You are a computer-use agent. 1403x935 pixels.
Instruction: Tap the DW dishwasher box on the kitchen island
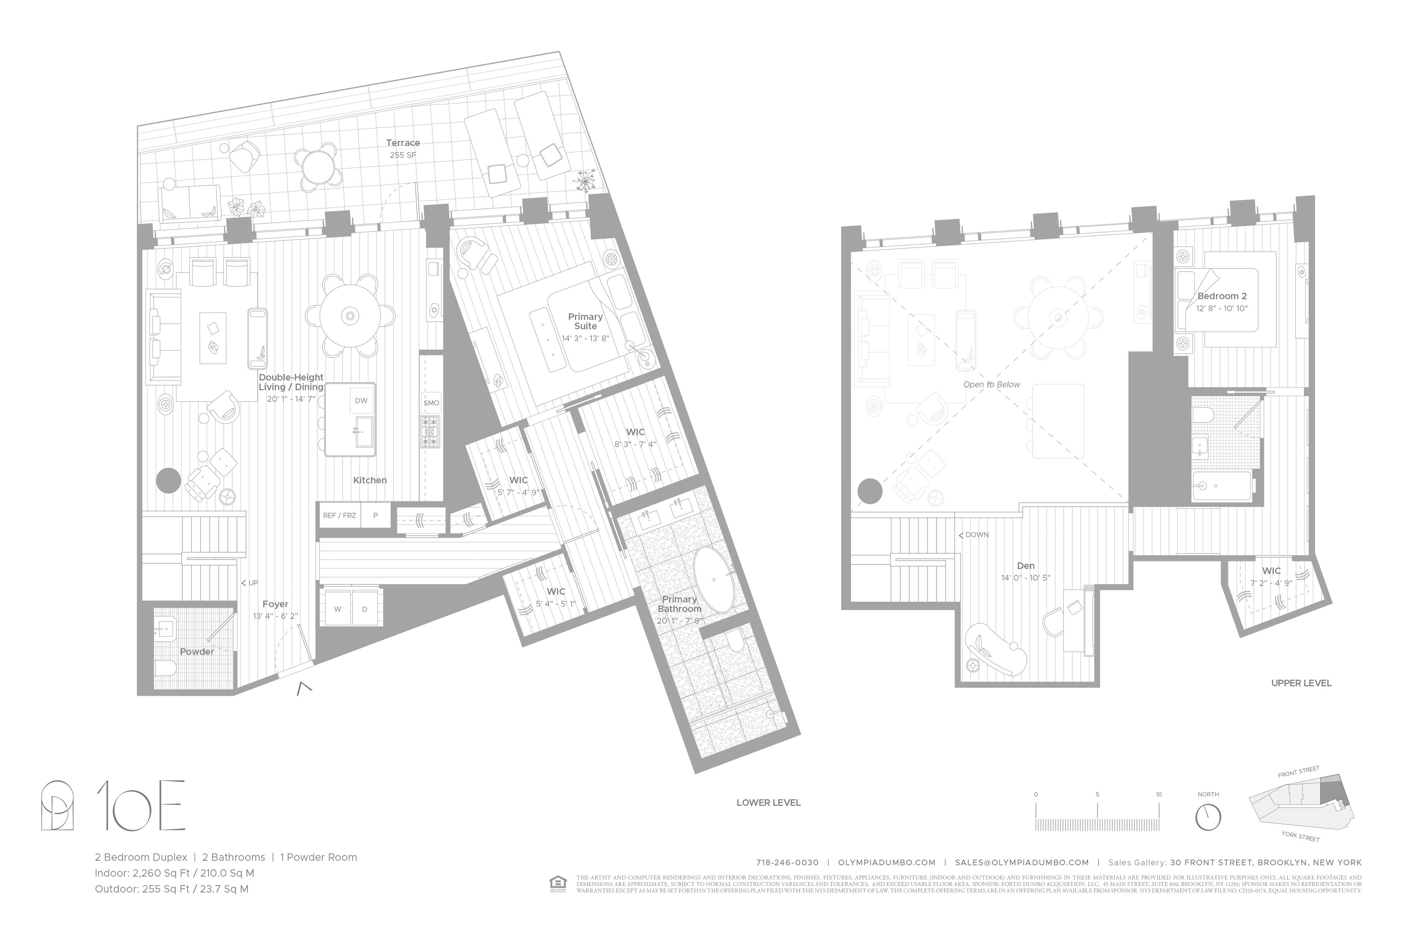(361, 401)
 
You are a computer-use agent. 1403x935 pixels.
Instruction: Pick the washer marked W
(337, 609)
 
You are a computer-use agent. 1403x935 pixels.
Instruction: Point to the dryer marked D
(364, 609)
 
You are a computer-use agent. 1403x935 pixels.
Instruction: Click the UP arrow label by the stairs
(250, 582)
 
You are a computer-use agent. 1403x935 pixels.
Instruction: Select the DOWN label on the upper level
(974, 535)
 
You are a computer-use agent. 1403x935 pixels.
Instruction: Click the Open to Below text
(991, 385)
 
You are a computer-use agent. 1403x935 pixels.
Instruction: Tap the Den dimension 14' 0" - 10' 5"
(1025, 578)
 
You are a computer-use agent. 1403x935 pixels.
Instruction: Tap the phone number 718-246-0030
(787, 862)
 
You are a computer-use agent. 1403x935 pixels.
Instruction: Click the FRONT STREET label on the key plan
(1298, 772)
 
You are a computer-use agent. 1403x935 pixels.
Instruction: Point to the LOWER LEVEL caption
(768, 803)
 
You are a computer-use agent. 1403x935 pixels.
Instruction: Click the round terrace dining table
(317, 167)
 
